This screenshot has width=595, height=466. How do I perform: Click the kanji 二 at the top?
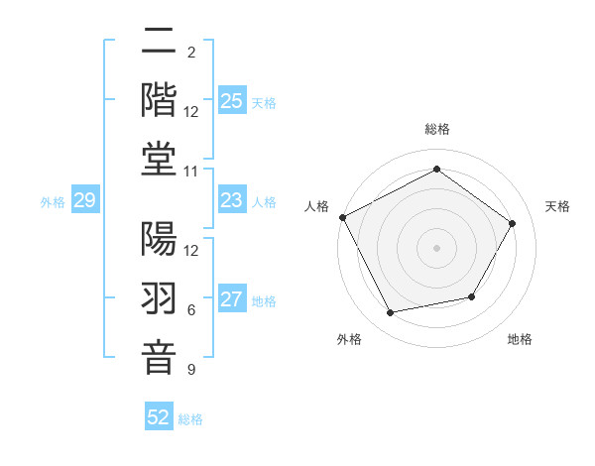159,44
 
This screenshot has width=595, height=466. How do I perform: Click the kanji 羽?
159,299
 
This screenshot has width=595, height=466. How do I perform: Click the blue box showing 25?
232,101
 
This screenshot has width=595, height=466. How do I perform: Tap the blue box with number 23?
232,201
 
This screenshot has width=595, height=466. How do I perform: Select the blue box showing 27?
232,299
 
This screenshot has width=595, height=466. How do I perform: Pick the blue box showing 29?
84,201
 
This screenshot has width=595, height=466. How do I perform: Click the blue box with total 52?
159,417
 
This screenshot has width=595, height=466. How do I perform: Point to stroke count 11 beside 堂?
191,172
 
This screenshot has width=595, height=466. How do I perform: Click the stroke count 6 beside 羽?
191,310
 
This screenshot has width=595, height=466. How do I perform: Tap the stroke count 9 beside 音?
191,370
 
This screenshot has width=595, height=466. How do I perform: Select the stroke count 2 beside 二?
191,52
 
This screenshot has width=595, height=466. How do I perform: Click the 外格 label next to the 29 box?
53,202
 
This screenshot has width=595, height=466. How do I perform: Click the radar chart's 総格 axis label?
436,129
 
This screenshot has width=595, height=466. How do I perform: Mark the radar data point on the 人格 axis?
343,217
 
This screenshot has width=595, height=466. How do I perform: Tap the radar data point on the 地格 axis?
472,296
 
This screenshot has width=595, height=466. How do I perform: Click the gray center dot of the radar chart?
436,247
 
